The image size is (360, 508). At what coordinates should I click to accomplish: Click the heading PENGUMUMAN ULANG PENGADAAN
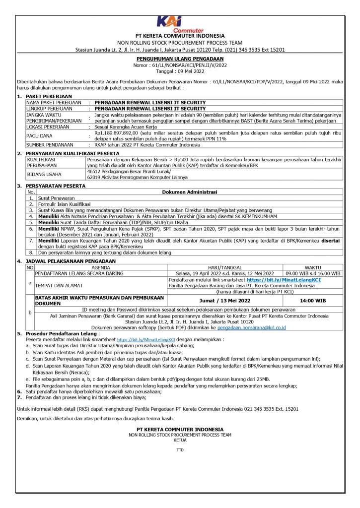click(180, 59)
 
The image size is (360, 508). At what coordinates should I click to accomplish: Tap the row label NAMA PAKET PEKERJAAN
click(54, 102)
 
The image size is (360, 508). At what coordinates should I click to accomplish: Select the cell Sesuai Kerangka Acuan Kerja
click(122, 127)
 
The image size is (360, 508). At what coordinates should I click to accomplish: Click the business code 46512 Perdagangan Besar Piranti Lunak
click(128, 171)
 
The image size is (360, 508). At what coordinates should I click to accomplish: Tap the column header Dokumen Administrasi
click(189, 192)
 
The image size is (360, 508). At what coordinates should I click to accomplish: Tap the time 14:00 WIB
click(312, 301)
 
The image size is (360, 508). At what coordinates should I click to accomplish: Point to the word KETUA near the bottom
click(180, 440)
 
